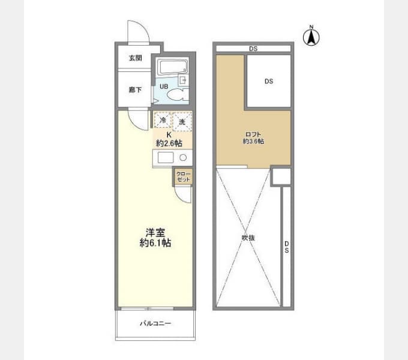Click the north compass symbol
[311, 37]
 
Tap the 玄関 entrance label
[136, 58]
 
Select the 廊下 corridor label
[136, 90]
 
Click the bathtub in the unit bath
[172, 67]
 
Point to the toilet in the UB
[176, 95]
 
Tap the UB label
[164, 86]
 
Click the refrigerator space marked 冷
[163, 120]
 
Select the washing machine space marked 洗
[182, 121]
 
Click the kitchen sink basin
[166, 157]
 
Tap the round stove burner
[183, 157]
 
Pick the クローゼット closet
[183, 177]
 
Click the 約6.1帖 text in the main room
[155, 243]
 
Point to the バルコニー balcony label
[155, 323]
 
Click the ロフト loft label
[253, 134]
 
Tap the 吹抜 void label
[248, 238]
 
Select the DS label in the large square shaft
[269, 82]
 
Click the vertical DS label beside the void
[286, 247]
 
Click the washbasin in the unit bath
[183, 80]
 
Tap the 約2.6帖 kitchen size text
[169, 143]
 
